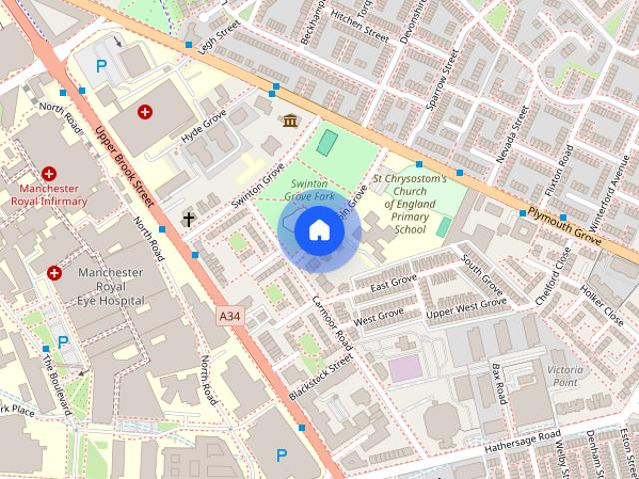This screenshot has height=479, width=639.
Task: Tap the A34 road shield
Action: (230, 316)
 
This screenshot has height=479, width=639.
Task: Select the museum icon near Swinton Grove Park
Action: (290, 121)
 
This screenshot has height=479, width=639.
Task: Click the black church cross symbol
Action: (187, 218)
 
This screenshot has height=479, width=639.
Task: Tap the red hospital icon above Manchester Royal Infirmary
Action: (49, 173)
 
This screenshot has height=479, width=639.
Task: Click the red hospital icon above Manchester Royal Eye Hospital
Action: (54, 272)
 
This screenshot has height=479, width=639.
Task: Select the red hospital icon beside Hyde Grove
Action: (145, 112)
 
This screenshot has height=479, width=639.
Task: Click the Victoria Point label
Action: (563, 375)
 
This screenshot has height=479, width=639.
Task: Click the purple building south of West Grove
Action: (405, 368)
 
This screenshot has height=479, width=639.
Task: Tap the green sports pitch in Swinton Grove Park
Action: (326, 142)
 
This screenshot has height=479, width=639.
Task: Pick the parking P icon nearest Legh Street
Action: (100, 66)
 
